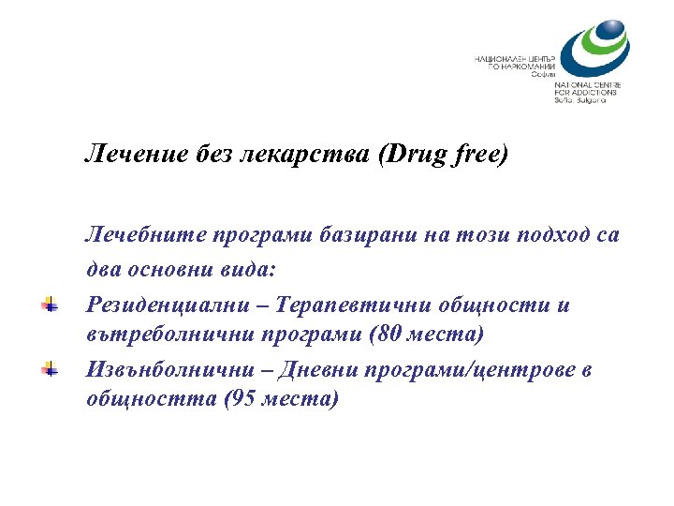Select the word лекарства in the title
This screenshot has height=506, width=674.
pos(309,153)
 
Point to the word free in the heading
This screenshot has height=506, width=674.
pos(478,154)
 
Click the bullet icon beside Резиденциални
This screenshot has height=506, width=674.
pos(50,305)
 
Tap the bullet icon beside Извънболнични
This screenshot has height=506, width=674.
pos(50,369)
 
